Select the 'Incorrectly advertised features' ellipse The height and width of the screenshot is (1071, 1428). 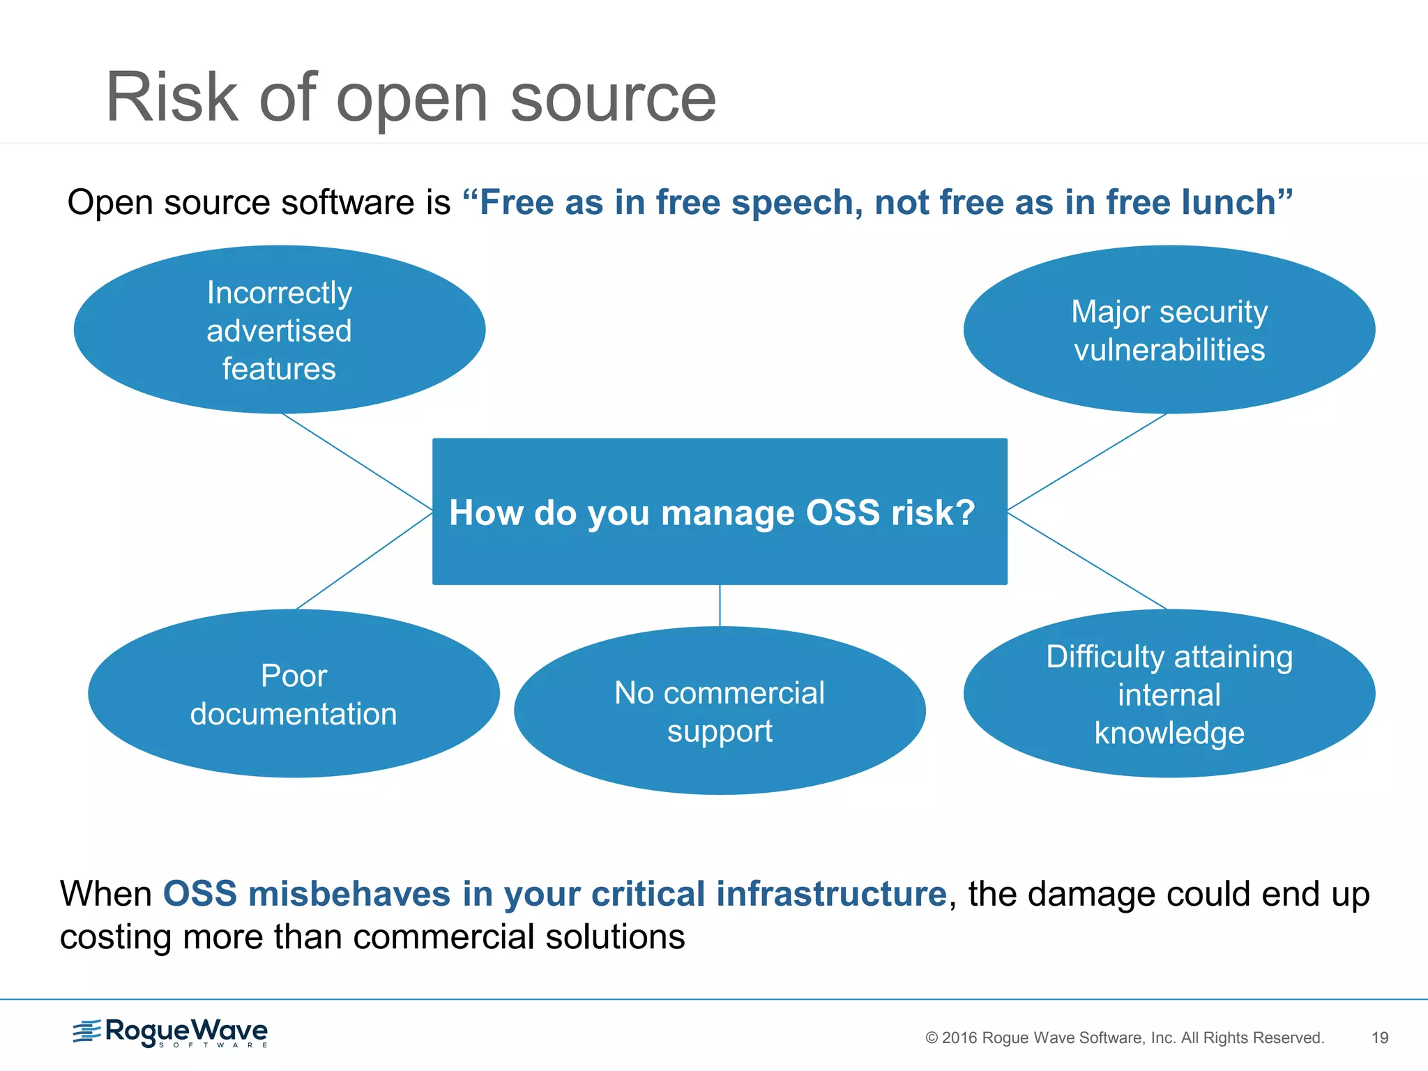(279, 330)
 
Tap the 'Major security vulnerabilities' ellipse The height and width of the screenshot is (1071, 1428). (1169, 330)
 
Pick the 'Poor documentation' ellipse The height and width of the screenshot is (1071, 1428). (294, 694)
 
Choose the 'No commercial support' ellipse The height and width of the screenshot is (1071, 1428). (720, 711)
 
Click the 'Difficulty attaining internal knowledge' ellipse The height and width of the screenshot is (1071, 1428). (1169, 694)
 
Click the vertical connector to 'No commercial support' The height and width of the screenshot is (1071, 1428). (720, 605)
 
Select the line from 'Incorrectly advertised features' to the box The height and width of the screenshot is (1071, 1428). (357, 462)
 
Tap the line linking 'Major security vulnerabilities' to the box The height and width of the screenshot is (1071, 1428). (1088, 462)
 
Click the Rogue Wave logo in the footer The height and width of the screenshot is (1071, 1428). (171, 1033)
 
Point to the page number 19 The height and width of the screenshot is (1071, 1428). (1380, 1038)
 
